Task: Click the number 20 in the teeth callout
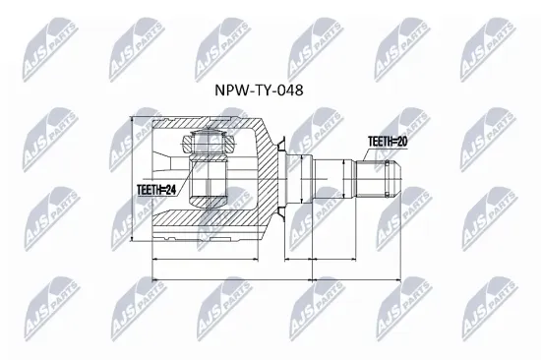403,142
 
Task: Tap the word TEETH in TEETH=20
379,142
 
